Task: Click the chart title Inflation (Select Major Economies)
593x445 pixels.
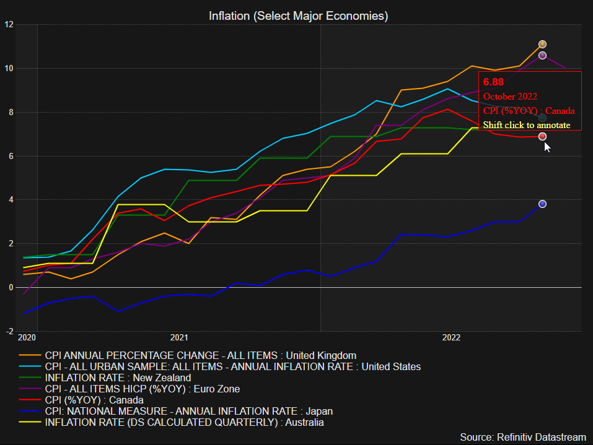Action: (x=298, y=15)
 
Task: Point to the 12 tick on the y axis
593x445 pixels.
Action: (x=9, y=25)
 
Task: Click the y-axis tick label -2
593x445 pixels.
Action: (x=9, y=332)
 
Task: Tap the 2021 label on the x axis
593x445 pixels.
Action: (x=179, y=338)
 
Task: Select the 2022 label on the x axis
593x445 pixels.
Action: (x=451, y=338)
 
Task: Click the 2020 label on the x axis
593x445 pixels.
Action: (x=27, y=338)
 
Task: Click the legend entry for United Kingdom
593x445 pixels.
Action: (x=200, y=355)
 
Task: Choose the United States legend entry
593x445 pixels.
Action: (x=232, y=366)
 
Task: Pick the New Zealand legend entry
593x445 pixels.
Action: (x=118, y=378)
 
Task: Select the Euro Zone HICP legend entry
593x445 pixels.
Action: (x=142, y=389)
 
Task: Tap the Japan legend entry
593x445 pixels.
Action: (x=188, y=411)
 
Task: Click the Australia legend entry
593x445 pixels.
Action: (x=184, y=422)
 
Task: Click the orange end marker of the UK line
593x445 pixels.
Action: (x=542, y=44)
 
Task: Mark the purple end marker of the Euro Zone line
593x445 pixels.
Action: (x=542, y=56)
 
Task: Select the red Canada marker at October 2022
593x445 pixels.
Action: (x=542, y=136)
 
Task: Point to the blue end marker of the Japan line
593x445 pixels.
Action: (x=542, y=204)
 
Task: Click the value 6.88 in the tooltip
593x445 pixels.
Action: (x=494, y=82)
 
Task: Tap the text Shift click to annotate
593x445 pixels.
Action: (x=527, y=125)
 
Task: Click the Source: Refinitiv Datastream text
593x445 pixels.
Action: (x=523, y=437)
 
